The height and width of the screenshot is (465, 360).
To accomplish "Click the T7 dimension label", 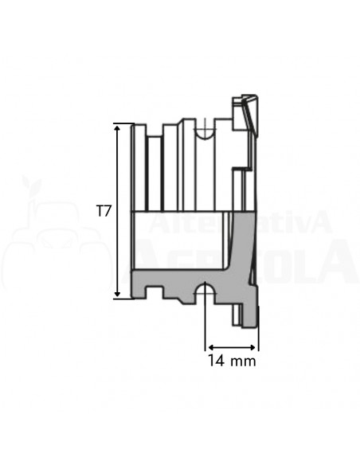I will click(102, 212).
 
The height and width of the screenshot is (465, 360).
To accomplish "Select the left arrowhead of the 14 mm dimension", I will click(210, 347).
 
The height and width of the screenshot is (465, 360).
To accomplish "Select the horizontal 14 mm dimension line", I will click(232, 347).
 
